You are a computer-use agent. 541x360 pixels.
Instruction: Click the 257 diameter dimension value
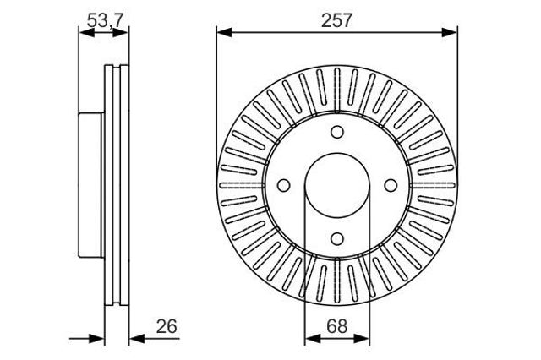(336, 20)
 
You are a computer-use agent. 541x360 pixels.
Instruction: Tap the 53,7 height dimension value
(105, 20)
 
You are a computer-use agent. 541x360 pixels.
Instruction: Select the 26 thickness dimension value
(167, 326)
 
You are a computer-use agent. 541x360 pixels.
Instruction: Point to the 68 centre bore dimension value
(337, 326)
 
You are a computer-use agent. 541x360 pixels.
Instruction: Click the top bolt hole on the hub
(337, 132)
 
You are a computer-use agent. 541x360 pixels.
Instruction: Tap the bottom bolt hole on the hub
(337, 238)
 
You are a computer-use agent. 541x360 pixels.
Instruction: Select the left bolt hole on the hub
(284, 186)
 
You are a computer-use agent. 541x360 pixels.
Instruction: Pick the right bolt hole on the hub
(391, 186)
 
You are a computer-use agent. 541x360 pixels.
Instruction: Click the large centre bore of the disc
(337, 186)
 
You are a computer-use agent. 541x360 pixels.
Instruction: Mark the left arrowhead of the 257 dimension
(224, 33)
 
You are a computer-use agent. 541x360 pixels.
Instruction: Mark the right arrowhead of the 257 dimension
(450, 33)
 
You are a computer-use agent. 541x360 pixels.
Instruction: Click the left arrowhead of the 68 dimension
(312, 339)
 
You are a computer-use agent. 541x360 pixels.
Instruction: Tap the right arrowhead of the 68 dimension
(362, 339)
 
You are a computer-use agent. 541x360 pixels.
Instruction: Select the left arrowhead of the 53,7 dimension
(86, 33)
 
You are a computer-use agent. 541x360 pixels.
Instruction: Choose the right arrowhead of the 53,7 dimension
(121, 33)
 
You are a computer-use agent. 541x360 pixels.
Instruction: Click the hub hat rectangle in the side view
(91, 185)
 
